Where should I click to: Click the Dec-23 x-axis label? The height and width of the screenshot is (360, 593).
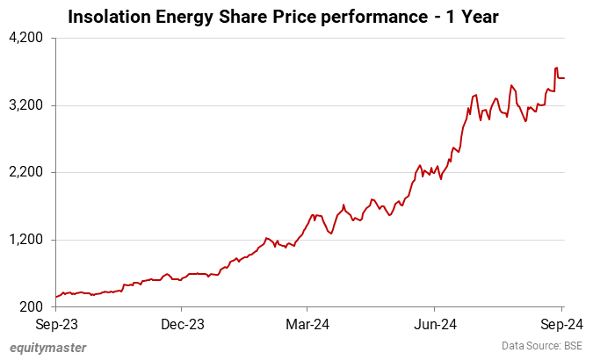coord(182,324)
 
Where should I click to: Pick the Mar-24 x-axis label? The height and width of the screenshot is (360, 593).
coord(308,324)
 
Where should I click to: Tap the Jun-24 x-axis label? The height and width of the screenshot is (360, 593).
coord(437,324)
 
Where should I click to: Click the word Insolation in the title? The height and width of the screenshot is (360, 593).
coord(107,17)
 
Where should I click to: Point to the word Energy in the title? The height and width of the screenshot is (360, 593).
coord(182,17)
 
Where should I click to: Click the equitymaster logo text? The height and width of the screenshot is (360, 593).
coord(48,347)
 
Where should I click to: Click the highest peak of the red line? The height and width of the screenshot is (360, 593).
coord(556,68)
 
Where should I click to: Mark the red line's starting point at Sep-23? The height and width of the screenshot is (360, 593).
coord(55,297)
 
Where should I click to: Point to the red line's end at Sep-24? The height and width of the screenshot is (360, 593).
coord(564,78)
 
